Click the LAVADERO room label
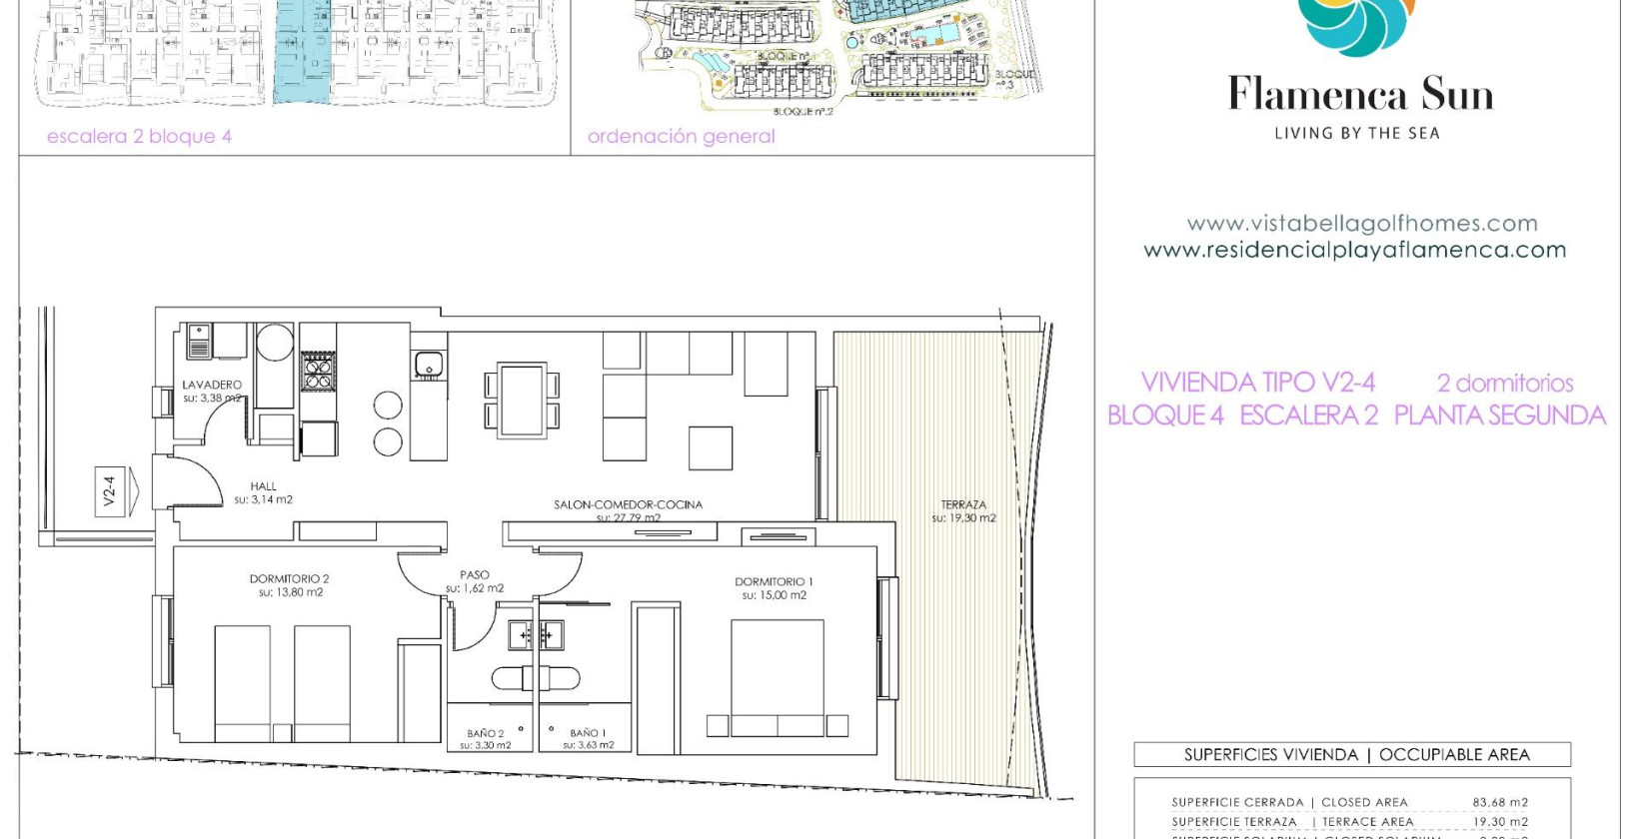[212, 385]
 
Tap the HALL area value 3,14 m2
[264, 500]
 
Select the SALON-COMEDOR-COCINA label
[628, 504]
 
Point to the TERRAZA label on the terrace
[963, 504]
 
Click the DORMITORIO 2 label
[289, 578]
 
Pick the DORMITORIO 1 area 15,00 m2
[775, 595]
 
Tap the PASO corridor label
[475, 574]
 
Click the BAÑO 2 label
[486, 733]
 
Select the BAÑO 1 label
[588, 733]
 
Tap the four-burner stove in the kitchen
[318, 372]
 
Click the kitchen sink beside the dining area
[430, 365]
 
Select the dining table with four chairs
[522, 400]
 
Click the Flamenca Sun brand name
[1360, 95]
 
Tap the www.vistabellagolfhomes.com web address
[1362, 224]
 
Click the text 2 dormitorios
[1505, 383]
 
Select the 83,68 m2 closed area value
[1500, 802]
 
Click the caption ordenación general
[681, 137]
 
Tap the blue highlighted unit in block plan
[302, 55]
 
